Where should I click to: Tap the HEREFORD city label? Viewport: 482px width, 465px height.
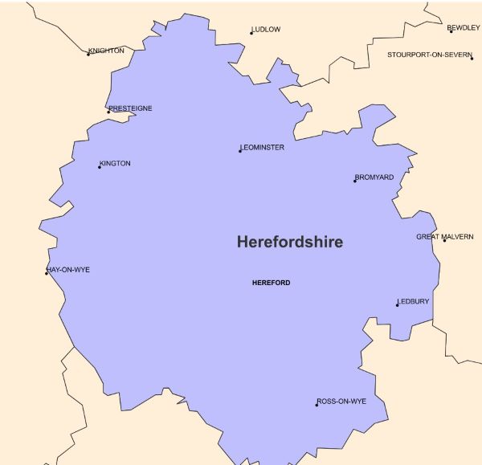(x=271, y=283)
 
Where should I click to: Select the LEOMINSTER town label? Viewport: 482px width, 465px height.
(x=263, y=147)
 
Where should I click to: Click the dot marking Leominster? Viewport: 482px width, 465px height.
(x=240, y=151)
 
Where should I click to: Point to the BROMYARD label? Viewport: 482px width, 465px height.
(x=375, y=177)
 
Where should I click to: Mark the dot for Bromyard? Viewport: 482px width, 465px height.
(x=355, y=181)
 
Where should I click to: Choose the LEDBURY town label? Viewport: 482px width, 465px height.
(x=414, y=301)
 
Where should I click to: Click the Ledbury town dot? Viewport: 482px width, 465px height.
(x=397, y=305)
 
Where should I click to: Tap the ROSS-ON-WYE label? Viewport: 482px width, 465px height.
(x=342, y=401)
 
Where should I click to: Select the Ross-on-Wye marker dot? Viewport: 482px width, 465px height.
(x=317, y=405)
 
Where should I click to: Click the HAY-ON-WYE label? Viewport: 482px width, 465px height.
(x=69, y=270)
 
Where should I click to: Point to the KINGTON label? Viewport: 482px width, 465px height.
(x=115, y=163)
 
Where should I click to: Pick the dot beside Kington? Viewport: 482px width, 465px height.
(x=100, y=167)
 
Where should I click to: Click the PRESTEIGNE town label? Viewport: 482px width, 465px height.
(x=131, y=108)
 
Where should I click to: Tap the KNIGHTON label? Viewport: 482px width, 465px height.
(x=107, y=51)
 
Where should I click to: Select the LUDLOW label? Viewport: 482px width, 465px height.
(x=267, y=30)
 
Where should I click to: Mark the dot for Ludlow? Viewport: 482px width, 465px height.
(x=251, y=33)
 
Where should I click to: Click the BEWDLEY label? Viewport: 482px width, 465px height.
(x=464, y=27)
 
